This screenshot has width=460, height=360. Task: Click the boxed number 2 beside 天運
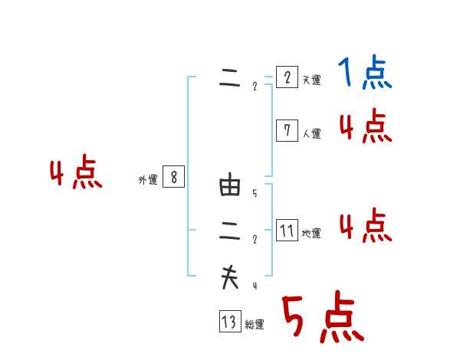[x=287, y=77]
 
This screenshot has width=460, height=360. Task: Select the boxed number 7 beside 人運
[x=287, y=131]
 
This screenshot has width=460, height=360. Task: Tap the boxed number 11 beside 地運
[x=287, y=231]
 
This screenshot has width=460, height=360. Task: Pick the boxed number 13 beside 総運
[x=229, y=322]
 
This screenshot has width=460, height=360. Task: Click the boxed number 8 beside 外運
[x=174, y=177]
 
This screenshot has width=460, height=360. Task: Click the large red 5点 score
[x=322, y=318]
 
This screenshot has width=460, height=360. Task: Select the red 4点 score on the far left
[x=76, y=174]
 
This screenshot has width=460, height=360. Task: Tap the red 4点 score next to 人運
[x=365, y=126]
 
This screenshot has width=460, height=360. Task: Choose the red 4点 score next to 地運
[x=365, y=226]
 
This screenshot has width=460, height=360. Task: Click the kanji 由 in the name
[x=230, y=186]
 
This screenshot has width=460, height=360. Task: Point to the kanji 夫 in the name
[x=230, y=277]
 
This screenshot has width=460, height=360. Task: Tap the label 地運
[x=311, y=234]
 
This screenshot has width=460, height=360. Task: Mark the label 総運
[x=255, y=325]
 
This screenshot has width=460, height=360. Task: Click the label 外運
[x=148, y=180]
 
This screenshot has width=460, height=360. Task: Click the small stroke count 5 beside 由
[x=255, y=194]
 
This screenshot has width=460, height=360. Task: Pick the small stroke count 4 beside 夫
[x=255, y=286]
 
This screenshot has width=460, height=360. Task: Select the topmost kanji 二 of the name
[x=230, y=79]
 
